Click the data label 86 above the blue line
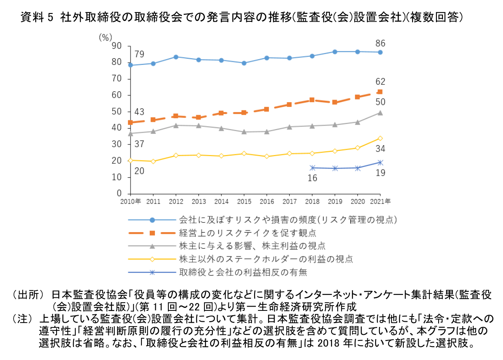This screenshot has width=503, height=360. pos(380,43)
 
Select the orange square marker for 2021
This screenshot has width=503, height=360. pos(380,92)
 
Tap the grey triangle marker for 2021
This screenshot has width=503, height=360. pos(380,113)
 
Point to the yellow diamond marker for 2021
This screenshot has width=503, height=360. pos(380,138)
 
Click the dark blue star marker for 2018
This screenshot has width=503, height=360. pos(312,167)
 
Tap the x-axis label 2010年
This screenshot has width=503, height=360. pos(130,202)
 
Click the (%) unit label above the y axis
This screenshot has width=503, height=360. pos(105,37)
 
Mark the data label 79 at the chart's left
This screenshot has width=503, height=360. pos(139,54)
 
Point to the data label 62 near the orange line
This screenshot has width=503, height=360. pos(380,82)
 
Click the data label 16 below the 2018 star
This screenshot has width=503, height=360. pos(312,178)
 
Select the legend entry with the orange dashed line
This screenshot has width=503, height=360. pos(247,233)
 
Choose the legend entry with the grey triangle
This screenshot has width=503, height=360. pos(252,246)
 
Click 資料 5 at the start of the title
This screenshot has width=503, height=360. pos(37,18)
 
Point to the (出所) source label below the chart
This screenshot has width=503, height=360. pos(28,295)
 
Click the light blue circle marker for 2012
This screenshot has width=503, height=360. pos(176,57)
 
